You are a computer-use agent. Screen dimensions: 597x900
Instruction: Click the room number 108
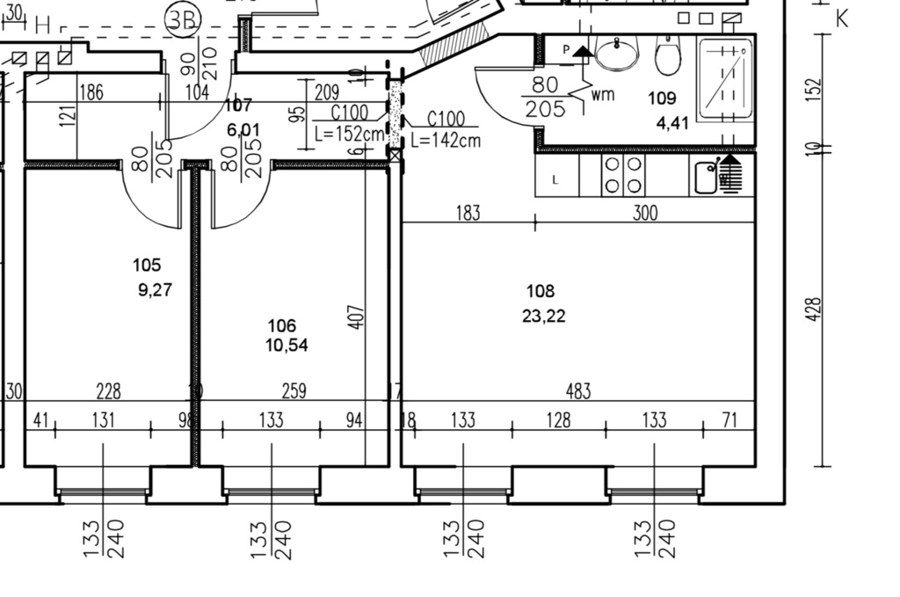coord(541,291)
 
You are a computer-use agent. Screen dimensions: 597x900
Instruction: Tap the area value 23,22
coord(543,317)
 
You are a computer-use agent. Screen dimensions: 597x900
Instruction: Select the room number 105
coord(147,265)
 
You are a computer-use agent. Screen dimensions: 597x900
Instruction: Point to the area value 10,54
coord(287,345)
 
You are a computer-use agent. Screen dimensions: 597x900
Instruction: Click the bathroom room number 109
coord(662,98)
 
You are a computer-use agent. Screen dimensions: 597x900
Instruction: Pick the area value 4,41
coord(672,122)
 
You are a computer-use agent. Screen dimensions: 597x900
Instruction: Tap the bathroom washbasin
coord(617,55)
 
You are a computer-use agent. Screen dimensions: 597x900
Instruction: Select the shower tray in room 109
coord(725,79)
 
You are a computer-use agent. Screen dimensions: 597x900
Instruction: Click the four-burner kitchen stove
coord(623,175)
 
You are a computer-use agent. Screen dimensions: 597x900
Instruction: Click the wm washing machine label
coord(603,94)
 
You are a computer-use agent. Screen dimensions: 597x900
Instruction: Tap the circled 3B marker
coord(184,19)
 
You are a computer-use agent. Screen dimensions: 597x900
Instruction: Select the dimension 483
coord(578,390)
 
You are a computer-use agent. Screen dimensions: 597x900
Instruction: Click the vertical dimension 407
coord(356,317)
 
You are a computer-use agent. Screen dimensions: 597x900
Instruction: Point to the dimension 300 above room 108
coord(644,213)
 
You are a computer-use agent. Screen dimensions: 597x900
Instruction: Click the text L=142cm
coord(446,140)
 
